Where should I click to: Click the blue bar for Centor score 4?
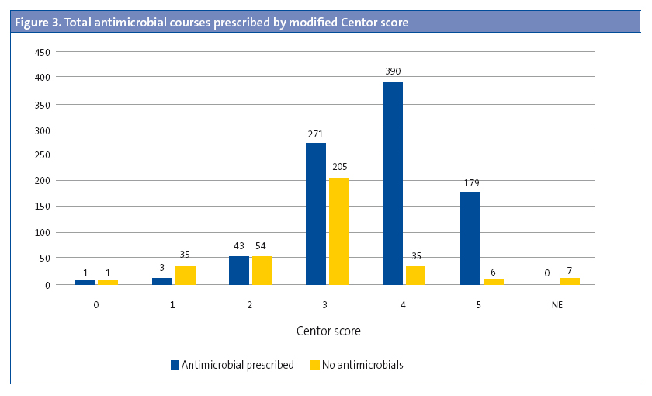(393, 183)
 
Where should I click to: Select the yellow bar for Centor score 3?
(339, 231)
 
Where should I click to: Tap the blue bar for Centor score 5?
(470, 238)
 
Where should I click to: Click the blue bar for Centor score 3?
(316, 214)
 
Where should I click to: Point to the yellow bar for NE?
(570, 280)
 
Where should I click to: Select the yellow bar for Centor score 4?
(415, 275)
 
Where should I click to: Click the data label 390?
(393, 71)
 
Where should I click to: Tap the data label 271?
(316, 133)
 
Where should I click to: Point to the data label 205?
(339, 167)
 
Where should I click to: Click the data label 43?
(238, 246)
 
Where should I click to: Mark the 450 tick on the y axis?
(42, 52)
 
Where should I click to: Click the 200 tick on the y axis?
(42, 181)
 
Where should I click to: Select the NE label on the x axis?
(557, 305)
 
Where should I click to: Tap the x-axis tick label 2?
(250, 305)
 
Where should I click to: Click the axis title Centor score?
(328, 332)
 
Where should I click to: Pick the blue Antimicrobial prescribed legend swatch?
(175, 364)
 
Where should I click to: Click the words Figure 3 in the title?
(37, 23)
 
